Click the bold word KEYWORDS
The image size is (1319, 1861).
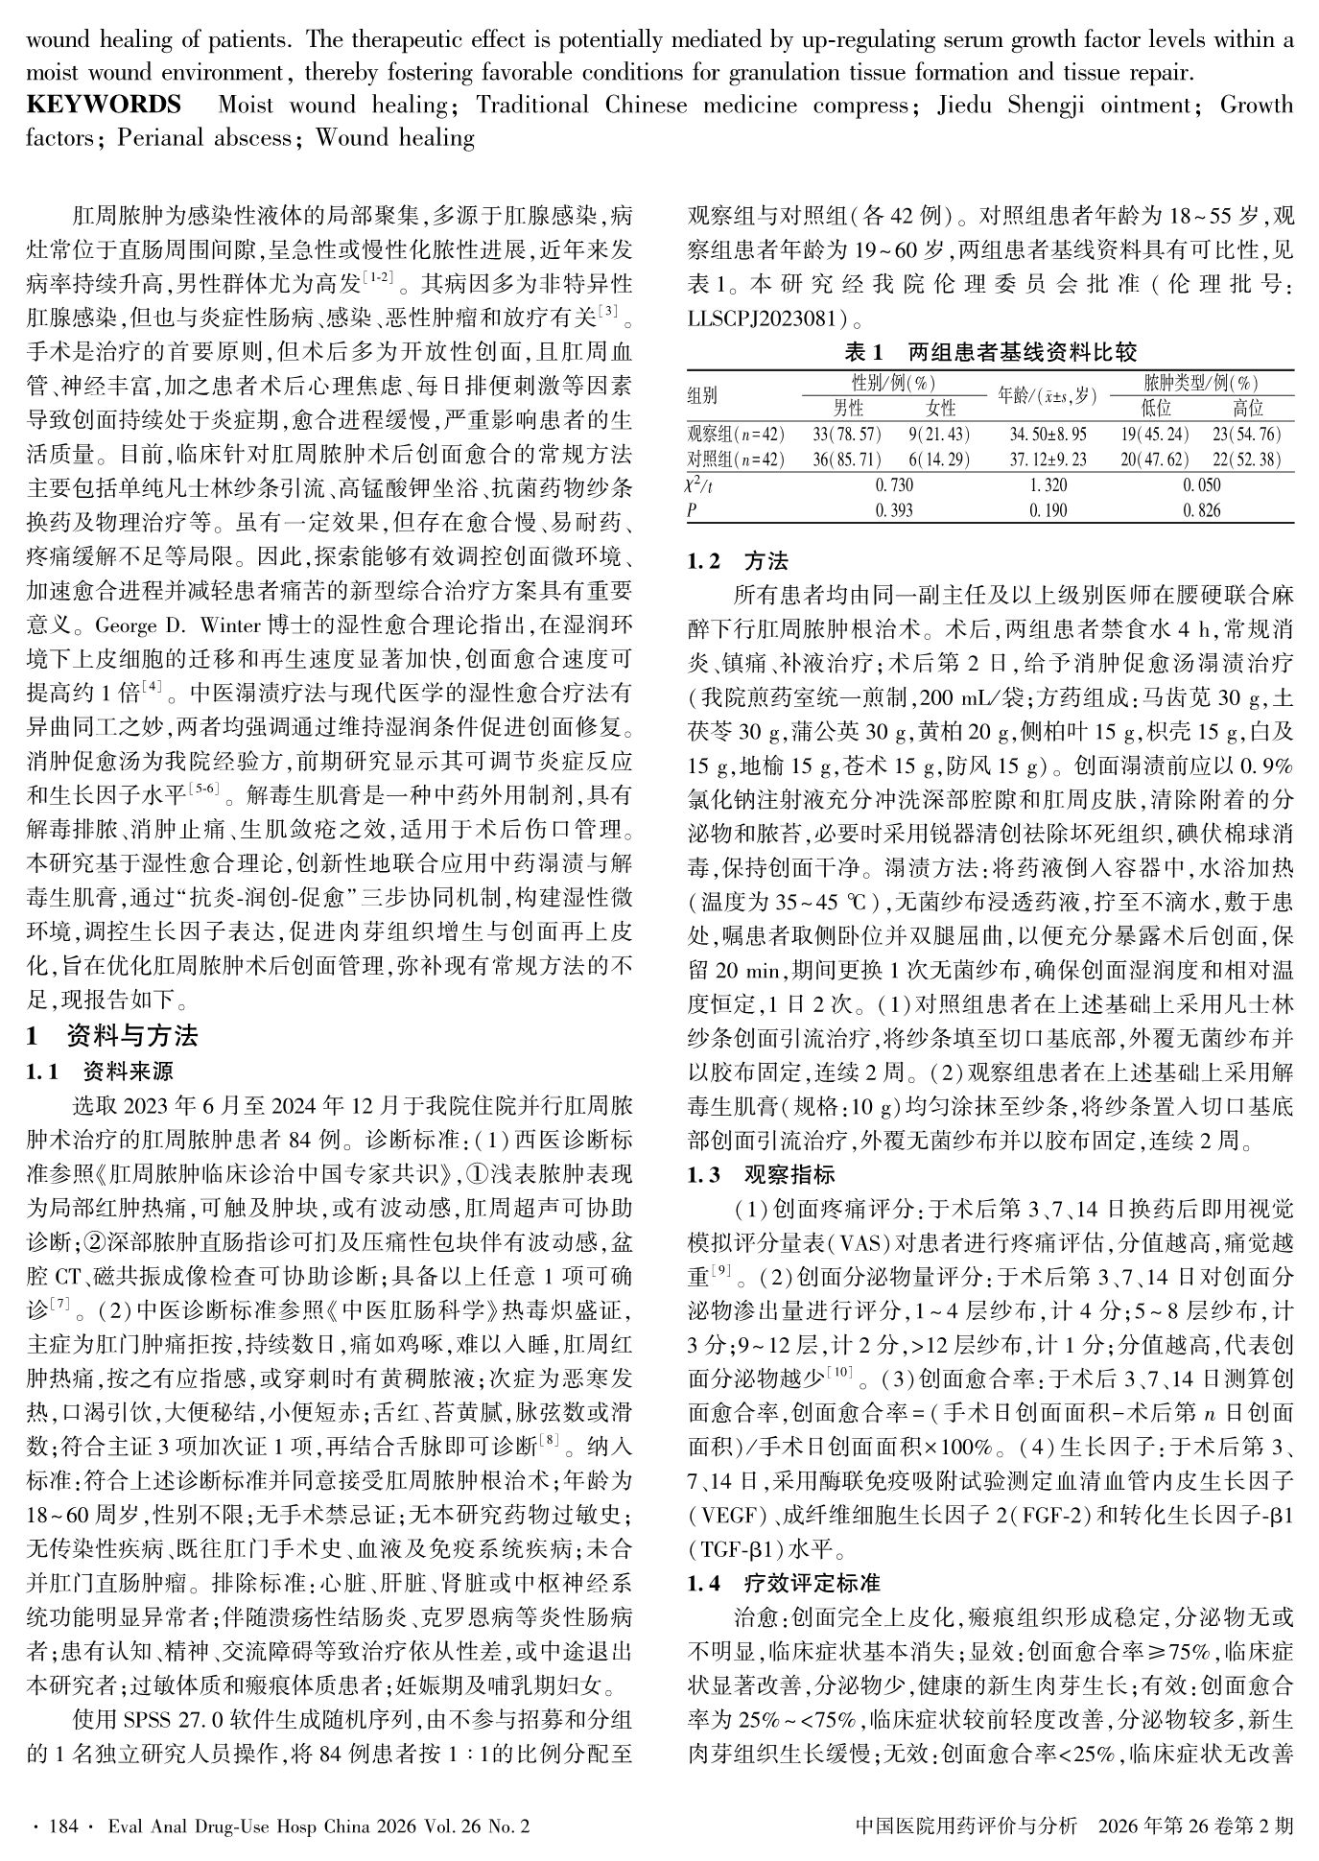tap(103, 105)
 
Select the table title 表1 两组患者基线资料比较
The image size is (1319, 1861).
tap(990, 352)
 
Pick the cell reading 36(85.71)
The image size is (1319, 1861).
tap(847, 459)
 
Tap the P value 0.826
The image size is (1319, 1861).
tap(1202, 510)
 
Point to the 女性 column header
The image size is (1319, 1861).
tap(939, 408)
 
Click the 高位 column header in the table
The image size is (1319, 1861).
tap(1247, 408)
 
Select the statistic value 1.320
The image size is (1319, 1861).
tap(1048, 484)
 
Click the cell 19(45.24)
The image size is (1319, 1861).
tap(1156, 434)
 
